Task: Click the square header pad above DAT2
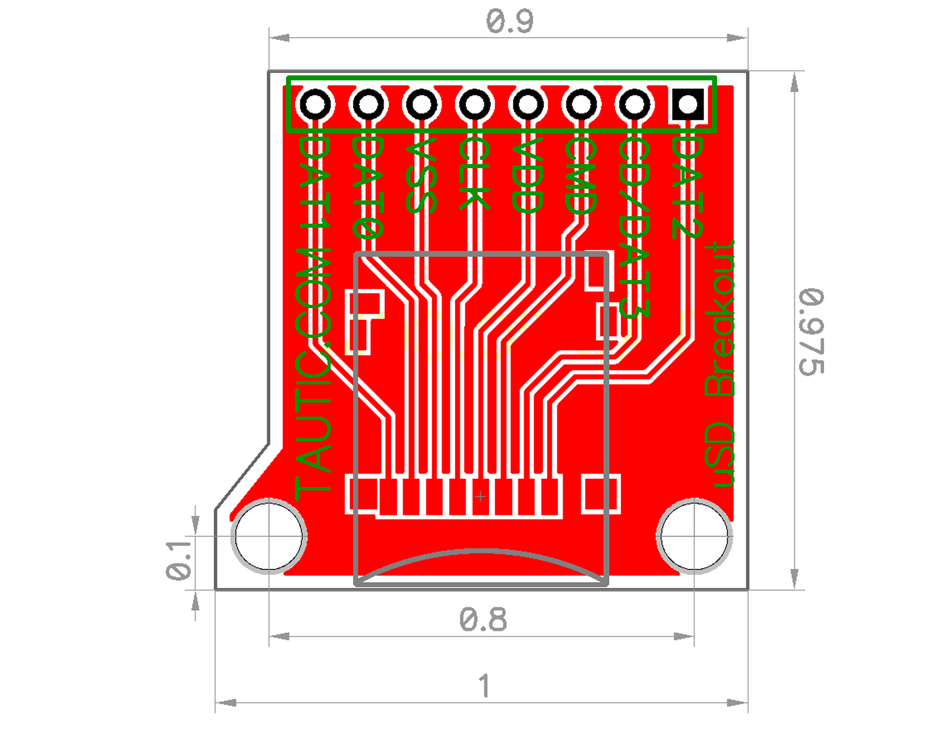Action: pos(688,104)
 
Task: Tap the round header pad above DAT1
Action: pos(315,104)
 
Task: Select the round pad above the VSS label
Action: pos(422,104)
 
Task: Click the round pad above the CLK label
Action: pos(475,104)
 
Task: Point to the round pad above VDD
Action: pos(528,104)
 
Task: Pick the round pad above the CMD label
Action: pos(581,104)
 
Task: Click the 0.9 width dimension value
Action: pos(509,22)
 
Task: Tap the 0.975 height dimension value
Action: pos(811,331)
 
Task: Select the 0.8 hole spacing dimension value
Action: pos(482,620)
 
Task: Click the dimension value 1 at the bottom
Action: pos(484,686)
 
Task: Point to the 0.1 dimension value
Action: pos(179,560)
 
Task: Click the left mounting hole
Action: pos(269,536)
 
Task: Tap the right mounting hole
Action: pos(694,536)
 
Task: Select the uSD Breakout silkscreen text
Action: pos(720,365)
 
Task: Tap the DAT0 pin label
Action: pos(368,186)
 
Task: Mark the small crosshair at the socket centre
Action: pos(480,496)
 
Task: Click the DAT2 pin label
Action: pos(687,186)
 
